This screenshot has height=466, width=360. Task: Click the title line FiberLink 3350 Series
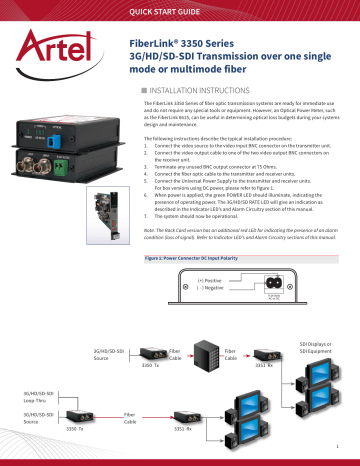[x=186, y=45]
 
